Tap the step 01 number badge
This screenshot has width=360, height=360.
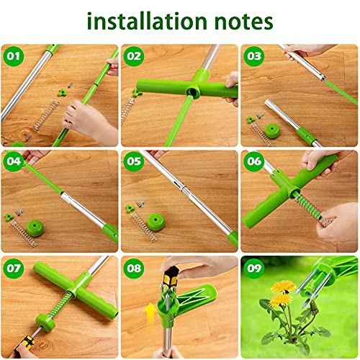click(12, 55)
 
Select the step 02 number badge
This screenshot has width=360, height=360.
click(134, 55)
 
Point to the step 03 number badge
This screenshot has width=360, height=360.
click(253, 55)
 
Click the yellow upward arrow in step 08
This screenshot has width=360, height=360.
click(150, 315)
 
